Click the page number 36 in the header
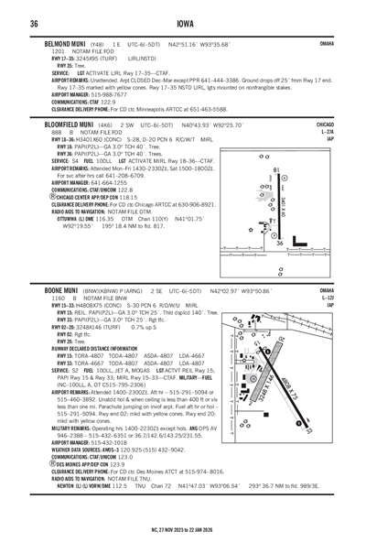pos(34,23)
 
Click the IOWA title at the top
pos(182,23)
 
